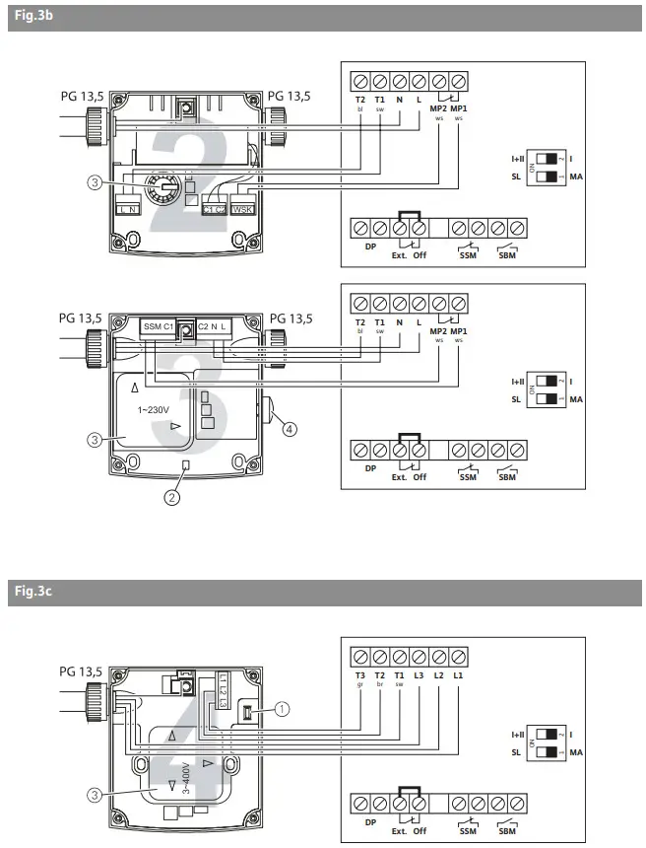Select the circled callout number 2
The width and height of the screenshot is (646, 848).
pos(171,497)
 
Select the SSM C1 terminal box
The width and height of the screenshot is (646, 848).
pos(158,326)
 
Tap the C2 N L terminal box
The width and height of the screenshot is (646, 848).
pos(215,326)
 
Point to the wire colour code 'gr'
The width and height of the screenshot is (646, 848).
pos(359,685)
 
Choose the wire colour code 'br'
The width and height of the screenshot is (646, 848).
pos(379,685)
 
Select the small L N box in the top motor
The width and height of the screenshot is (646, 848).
pos(128,209)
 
